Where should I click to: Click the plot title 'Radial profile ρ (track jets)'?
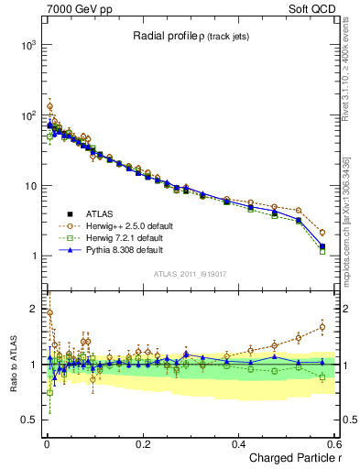(x=190, y=36)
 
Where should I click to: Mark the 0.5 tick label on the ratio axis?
(x=27, y=420)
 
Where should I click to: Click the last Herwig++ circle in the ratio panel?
(x=322, y=326)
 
